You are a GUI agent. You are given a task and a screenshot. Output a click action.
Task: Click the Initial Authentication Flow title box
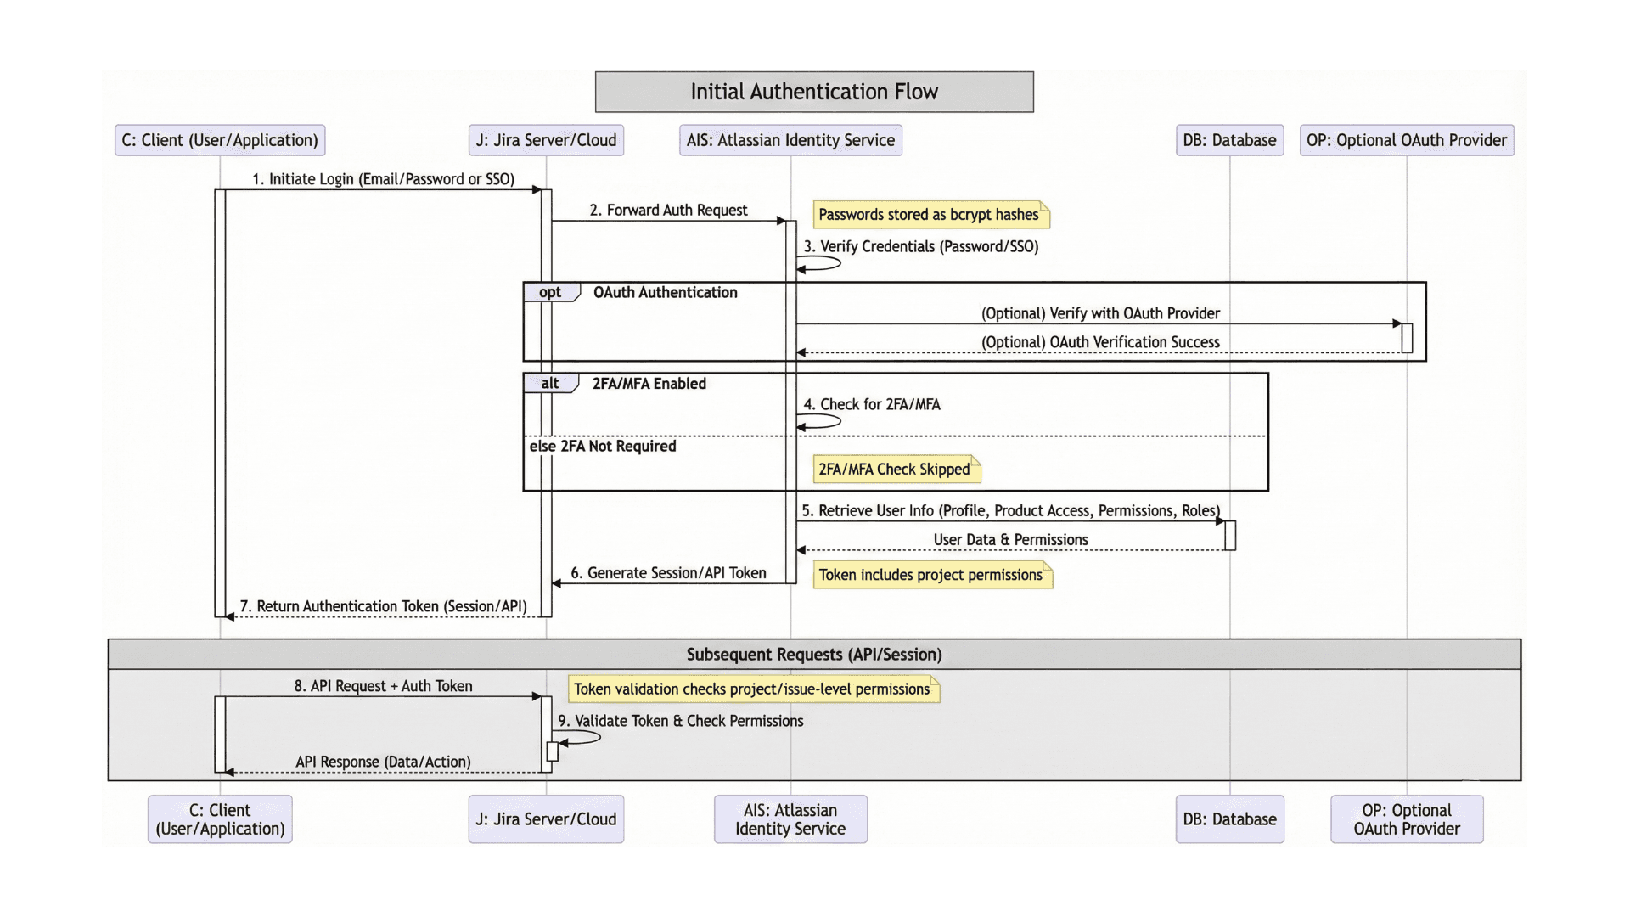[x=814, y=92]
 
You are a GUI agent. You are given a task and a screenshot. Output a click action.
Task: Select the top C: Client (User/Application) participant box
[x=220, y=140]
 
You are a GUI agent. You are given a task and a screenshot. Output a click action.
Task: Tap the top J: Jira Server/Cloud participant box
[x=546, y=140]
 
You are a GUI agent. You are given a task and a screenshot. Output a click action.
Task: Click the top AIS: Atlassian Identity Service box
[x=790, y=140]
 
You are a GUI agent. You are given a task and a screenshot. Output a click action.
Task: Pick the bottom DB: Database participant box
[x=1229, y=819]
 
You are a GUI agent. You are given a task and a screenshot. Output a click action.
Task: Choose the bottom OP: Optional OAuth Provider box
[x=1407, y=819]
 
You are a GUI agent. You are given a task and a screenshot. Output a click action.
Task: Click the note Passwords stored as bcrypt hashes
[x=930, y=215]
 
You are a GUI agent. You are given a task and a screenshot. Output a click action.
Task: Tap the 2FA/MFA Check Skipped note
[x=895, y=470]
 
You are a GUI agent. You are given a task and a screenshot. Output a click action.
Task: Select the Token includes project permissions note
[x=931, y=575]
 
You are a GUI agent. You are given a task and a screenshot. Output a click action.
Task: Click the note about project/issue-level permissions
[x=752, y=689]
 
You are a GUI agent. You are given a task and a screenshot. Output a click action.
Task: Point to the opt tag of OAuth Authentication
[x=550, y=292]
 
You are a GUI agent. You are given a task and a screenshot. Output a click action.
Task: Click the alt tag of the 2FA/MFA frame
[x=550, y=384]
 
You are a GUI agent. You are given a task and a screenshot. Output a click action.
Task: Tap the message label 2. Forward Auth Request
[x=668, y=210]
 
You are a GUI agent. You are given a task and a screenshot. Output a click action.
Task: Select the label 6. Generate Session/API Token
[x=668, y=573]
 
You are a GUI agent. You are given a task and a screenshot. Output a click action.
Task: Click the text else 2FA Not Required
[x=603, y=447]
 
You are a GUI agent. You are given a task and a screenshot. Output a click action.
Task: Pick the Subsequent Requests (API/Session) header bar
[x=814, y=655]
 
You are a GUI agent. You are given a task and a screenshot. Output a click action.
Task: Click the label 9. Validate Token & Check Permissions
[x=680, y=721]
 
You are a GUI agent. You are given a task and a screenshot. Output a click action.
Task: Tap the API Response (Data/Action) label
[x=383, y=762]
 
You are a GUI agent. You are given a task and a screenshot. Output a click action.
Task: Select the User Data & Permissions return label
[x=1010, y=540]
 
